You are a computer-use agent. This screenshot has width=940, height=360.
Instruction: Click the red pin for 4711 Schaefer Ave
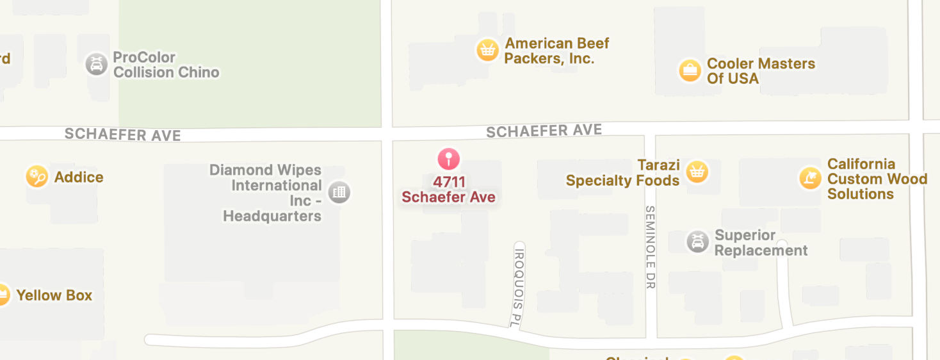tap(449, 158)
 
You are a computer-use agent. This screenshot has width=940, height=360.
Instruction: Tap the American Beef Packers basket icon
tap(487, 50)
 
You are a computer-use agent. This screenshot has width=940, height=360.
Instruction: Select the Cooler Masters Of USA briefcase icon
tap(690, 70)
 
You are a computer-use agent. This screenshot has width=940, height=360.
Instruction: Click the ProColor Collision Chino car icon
tap(96, 64)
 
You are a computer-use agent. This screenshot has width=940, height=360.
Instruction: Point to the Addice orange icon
tap(36, 176)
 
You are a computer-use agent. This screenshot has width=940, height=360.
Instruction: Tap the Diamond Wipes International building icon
tap(339, 192)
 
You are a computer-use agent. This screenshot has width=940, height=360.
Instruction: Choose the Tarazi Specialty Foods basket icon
tap(696, 172)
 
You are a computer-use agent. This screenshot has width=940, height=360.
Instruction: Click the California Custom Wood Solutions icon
tap(810, 177)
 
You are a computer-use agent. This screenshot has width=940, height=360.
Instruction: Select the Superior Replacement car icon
tap(697, 242)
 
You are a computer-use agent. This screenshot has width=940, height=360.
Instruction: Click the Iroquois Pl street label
tap(519, 283)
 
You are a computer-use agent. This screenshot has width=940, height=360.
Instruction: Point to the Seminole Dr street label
tap(651, 247)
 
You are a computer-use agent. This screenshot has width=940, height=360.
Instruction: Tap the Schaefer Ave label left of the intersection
tap(122, 135)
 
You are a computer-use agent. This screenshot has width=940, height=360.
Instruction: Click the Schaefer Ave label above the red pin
tap(544, 131)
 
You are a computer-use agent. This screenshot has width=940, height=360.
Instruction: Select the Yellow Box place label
tap(54, 295)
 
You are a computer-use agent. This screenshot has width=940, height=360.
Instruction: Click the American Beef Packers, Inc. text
tap(556, 51)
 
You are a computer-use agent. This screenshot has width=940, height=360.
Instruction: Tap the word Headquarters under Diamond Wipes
tap(272, 216)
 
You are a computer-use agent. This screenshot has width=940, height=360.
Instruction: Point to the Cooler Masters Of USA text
tap(761, 71)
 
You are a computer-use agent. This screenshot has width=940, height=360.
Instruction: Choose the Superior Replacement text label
tap(761, 243)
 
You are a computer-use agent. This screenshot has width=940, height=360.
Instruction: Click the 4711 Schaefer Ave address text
tap(448, 190)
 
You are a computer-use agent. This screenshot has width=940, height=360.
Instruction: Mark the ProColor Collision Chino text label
tap(166, 65)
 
